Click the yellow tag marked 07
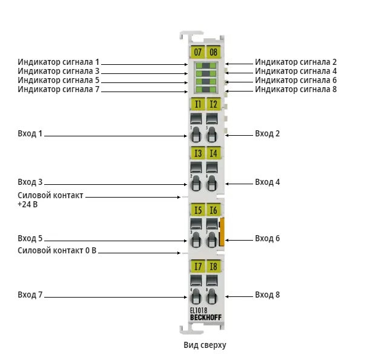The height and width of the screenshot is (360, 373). (197, 52)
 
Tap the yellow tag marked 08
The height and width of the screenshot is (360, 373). (213, 52)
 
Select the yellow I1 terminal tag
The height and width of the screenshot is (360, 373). (198, 104)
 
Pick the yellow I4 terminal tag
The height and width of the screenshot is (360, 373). (213, 153)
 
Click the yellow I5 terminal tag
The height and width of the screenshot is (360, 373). (198, 210)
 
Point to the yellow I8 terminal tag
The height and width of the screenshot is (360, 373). (213, 266)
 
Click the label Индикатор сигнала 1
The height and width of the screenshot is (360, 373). (58, 62)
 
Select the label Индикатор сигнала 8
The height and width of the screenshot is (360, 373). (296, 89)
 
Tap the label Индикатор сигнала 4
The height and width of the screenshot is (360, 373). (296, 71)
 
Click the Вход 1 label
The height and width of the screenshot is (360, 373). (30, 133)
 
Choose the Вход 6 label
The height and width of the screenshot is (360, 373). (268, 238)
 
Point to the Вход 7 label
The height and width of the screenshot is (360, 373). (30, 295)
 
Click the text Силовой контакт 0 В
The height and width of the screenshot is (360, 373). (57, 250)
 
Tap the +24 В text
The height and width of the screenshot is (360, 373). (28, 204)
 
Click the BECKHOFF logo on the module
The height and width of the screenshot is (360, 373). (206, 318)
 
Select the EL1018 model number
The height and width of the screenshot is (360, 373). (199, 310)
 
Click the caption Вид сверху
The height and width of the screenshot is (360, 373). (205, 345)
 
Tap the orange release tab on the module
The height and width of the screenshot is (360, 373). (222, 232)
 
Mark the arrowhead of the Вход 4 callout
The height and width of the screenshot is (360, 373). (226, 184)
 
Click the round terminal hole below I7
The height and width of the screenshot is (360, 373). (196, 296)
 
